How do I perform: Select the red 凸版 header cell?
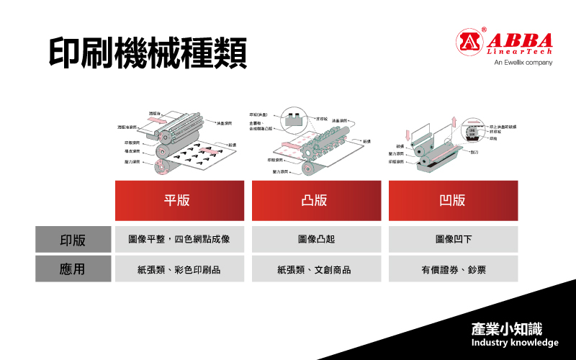pyautogui.click(x=315, y=200)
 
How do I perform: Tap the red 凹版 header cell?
pyautogui.click(x=453, y=200)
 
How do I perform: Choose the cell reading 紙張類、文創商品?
pyautogui.click(x=315, y=270)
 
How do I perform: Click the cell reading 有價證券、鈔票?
pyautogui.click(x=453, y=270)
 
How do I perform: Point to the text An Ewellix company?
pyautogui.click(x=523, y=63)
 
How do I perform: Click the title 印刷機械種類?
pyautogui.click(x=148, y=52)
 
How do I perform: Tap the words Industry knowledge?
pyautogui.click(x=515, y=343)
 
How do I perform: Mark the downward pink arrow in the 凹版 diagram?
pyautogui.click(x=408, y=135)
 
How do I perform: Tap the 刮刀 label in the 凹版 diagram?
pyautogui.click(x=474, y=153)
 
